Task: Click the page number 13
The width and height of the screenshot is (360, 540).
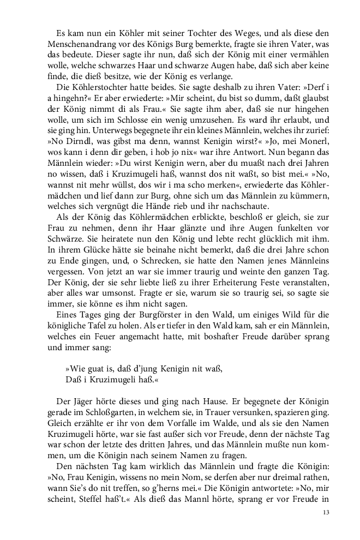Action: [x=326, y=512]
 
